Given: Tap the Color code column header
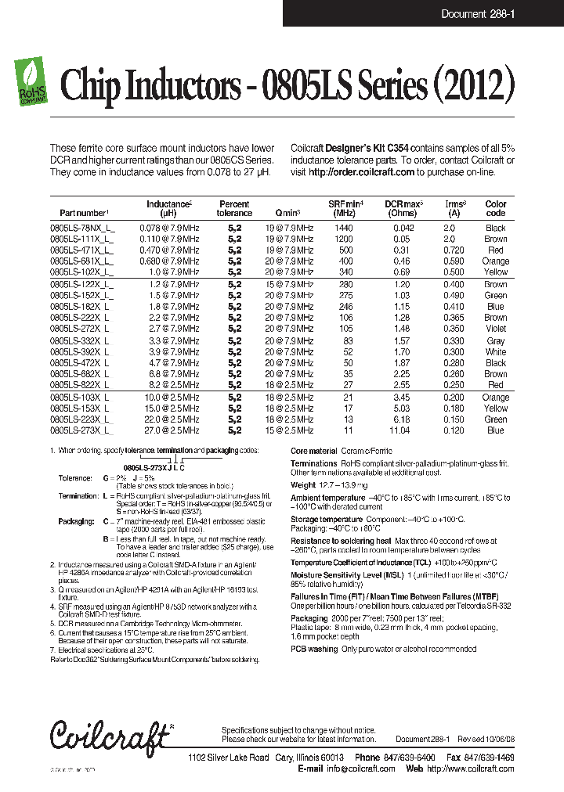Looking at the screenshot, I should click(x=495, y=208).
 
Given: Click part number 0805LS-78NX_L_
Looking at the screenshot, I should click(x=82, y=228).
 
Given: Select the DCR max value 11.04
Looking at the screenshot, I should click(x=400, y=430).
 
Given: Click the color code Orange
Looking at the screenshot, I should click(x=495, y=261).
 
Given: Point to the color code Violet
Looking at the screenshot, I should click(x=495, y=329).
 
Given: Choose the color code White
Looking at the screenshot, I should click(x=495, y=352).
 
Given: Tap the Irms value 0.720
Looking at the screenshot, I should click(x=454, y=250).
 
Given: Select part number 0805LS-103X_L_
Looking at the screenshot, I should click(x=82, y=398).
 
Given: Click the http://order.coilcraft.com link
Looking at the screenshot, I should click(x=361, y=171).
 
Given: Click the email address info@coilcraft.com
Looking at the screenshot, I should click(x=360, y=769).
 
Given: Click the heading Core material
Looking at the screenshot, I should click(x=313, y=452).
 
